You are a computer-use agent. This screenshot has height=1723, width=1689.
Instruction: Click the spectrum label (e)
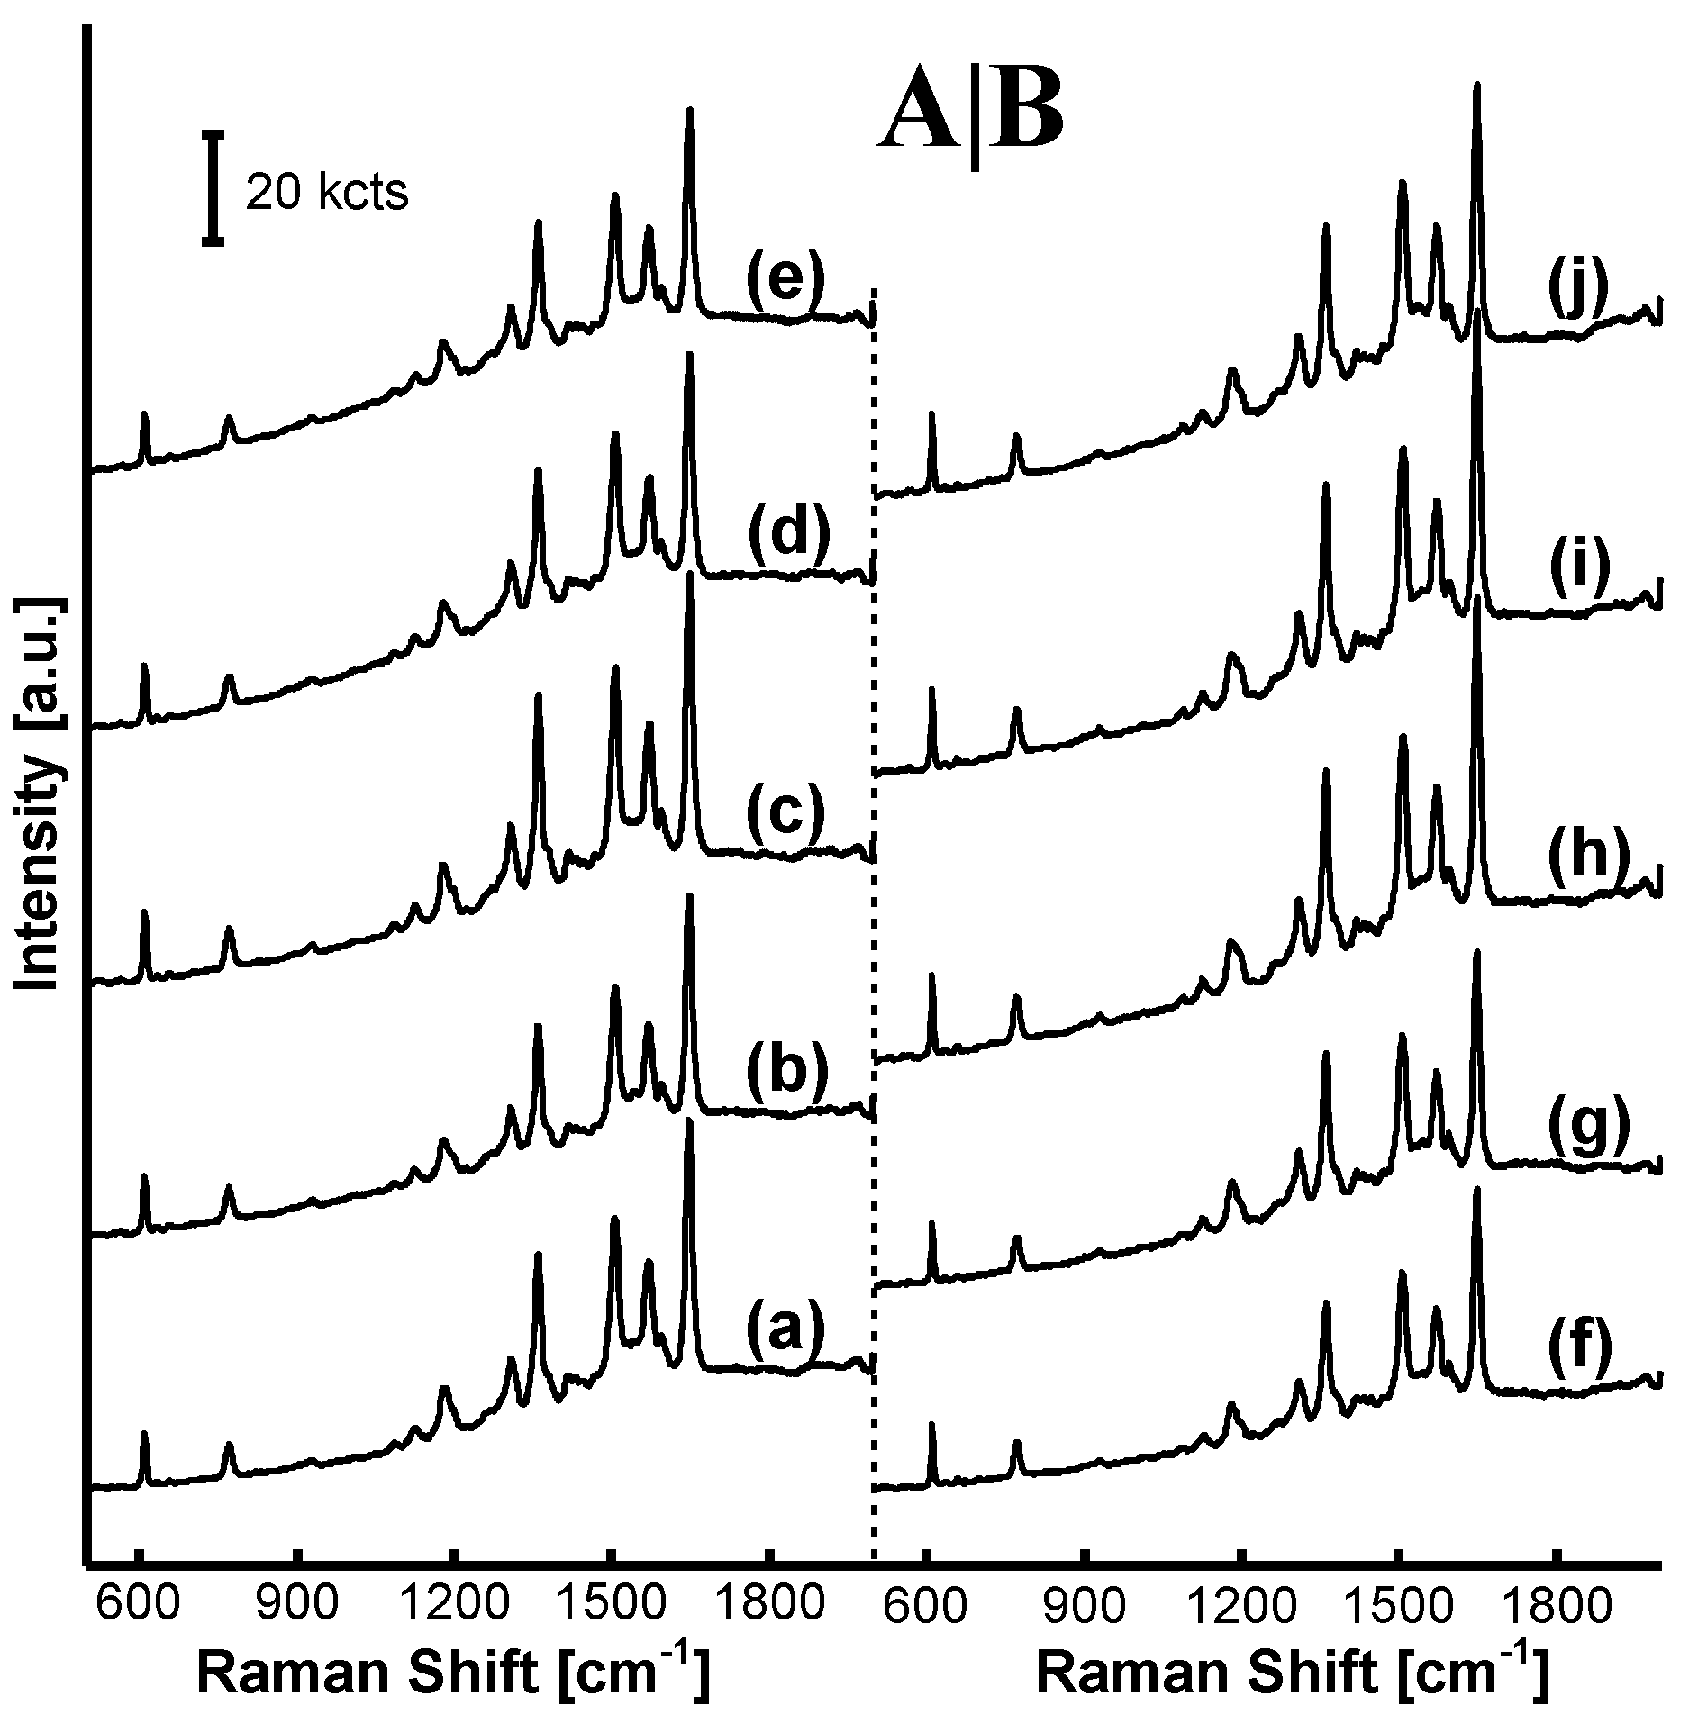point(785,285)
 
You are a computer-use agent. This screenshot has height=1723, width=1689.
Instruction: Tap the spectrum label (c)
point(785,812)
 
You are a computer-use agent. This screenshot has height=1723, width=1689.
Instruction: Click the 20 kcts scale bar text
point(327,193)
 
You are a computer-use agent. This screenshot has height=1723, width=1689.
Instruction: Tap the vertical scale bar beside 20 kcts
point(213,187)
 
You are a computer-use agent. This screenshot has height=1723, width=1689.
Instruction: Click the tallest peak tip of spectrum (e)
point(690,111)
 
